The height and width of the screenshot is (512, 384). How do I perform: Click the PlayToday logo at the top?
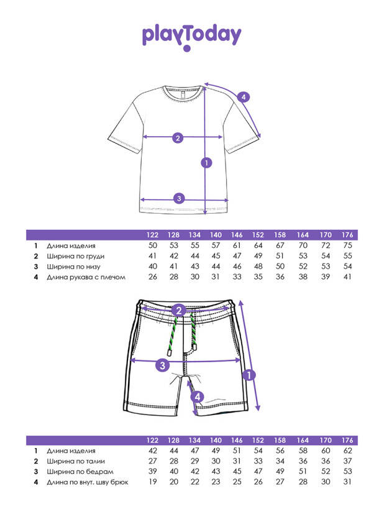coord(191,36)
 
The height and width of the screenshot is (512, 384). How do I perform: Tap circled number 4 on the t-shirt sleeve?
coord(244,97)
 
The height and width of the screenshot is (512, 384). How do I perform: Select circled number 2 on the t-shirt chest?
coord(177,138)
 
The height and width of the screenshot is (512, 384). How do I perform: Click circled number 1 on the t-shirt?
coord(206,163)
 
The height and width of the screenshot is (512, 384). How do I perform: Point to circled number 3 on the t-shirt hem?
coord(178,199)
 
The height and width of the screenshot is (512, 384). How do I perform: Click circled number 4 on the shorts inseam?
coord(197,396)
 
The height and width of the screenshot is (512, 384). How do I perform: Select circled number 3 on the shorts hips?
coord(162,365)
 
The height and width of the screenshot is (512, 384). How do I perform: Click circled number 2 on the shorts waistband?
coord(178,310)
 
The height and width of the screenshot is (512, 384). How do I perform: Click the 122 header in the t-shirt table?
coord(152,235)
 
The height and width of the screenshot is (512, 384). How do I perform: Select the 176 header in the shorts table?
coord(347,440)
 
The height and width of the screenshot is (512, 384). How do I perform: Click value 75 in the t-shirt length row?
coord(347,246)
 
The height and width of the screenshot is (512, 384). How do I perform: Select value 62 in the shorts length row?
coord(347,451)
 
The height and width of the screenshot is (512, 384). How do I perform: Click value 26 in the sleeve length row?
coord(152,277)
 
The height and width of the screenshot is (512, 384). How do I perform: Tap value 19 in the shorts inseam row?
coord(152,482)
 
